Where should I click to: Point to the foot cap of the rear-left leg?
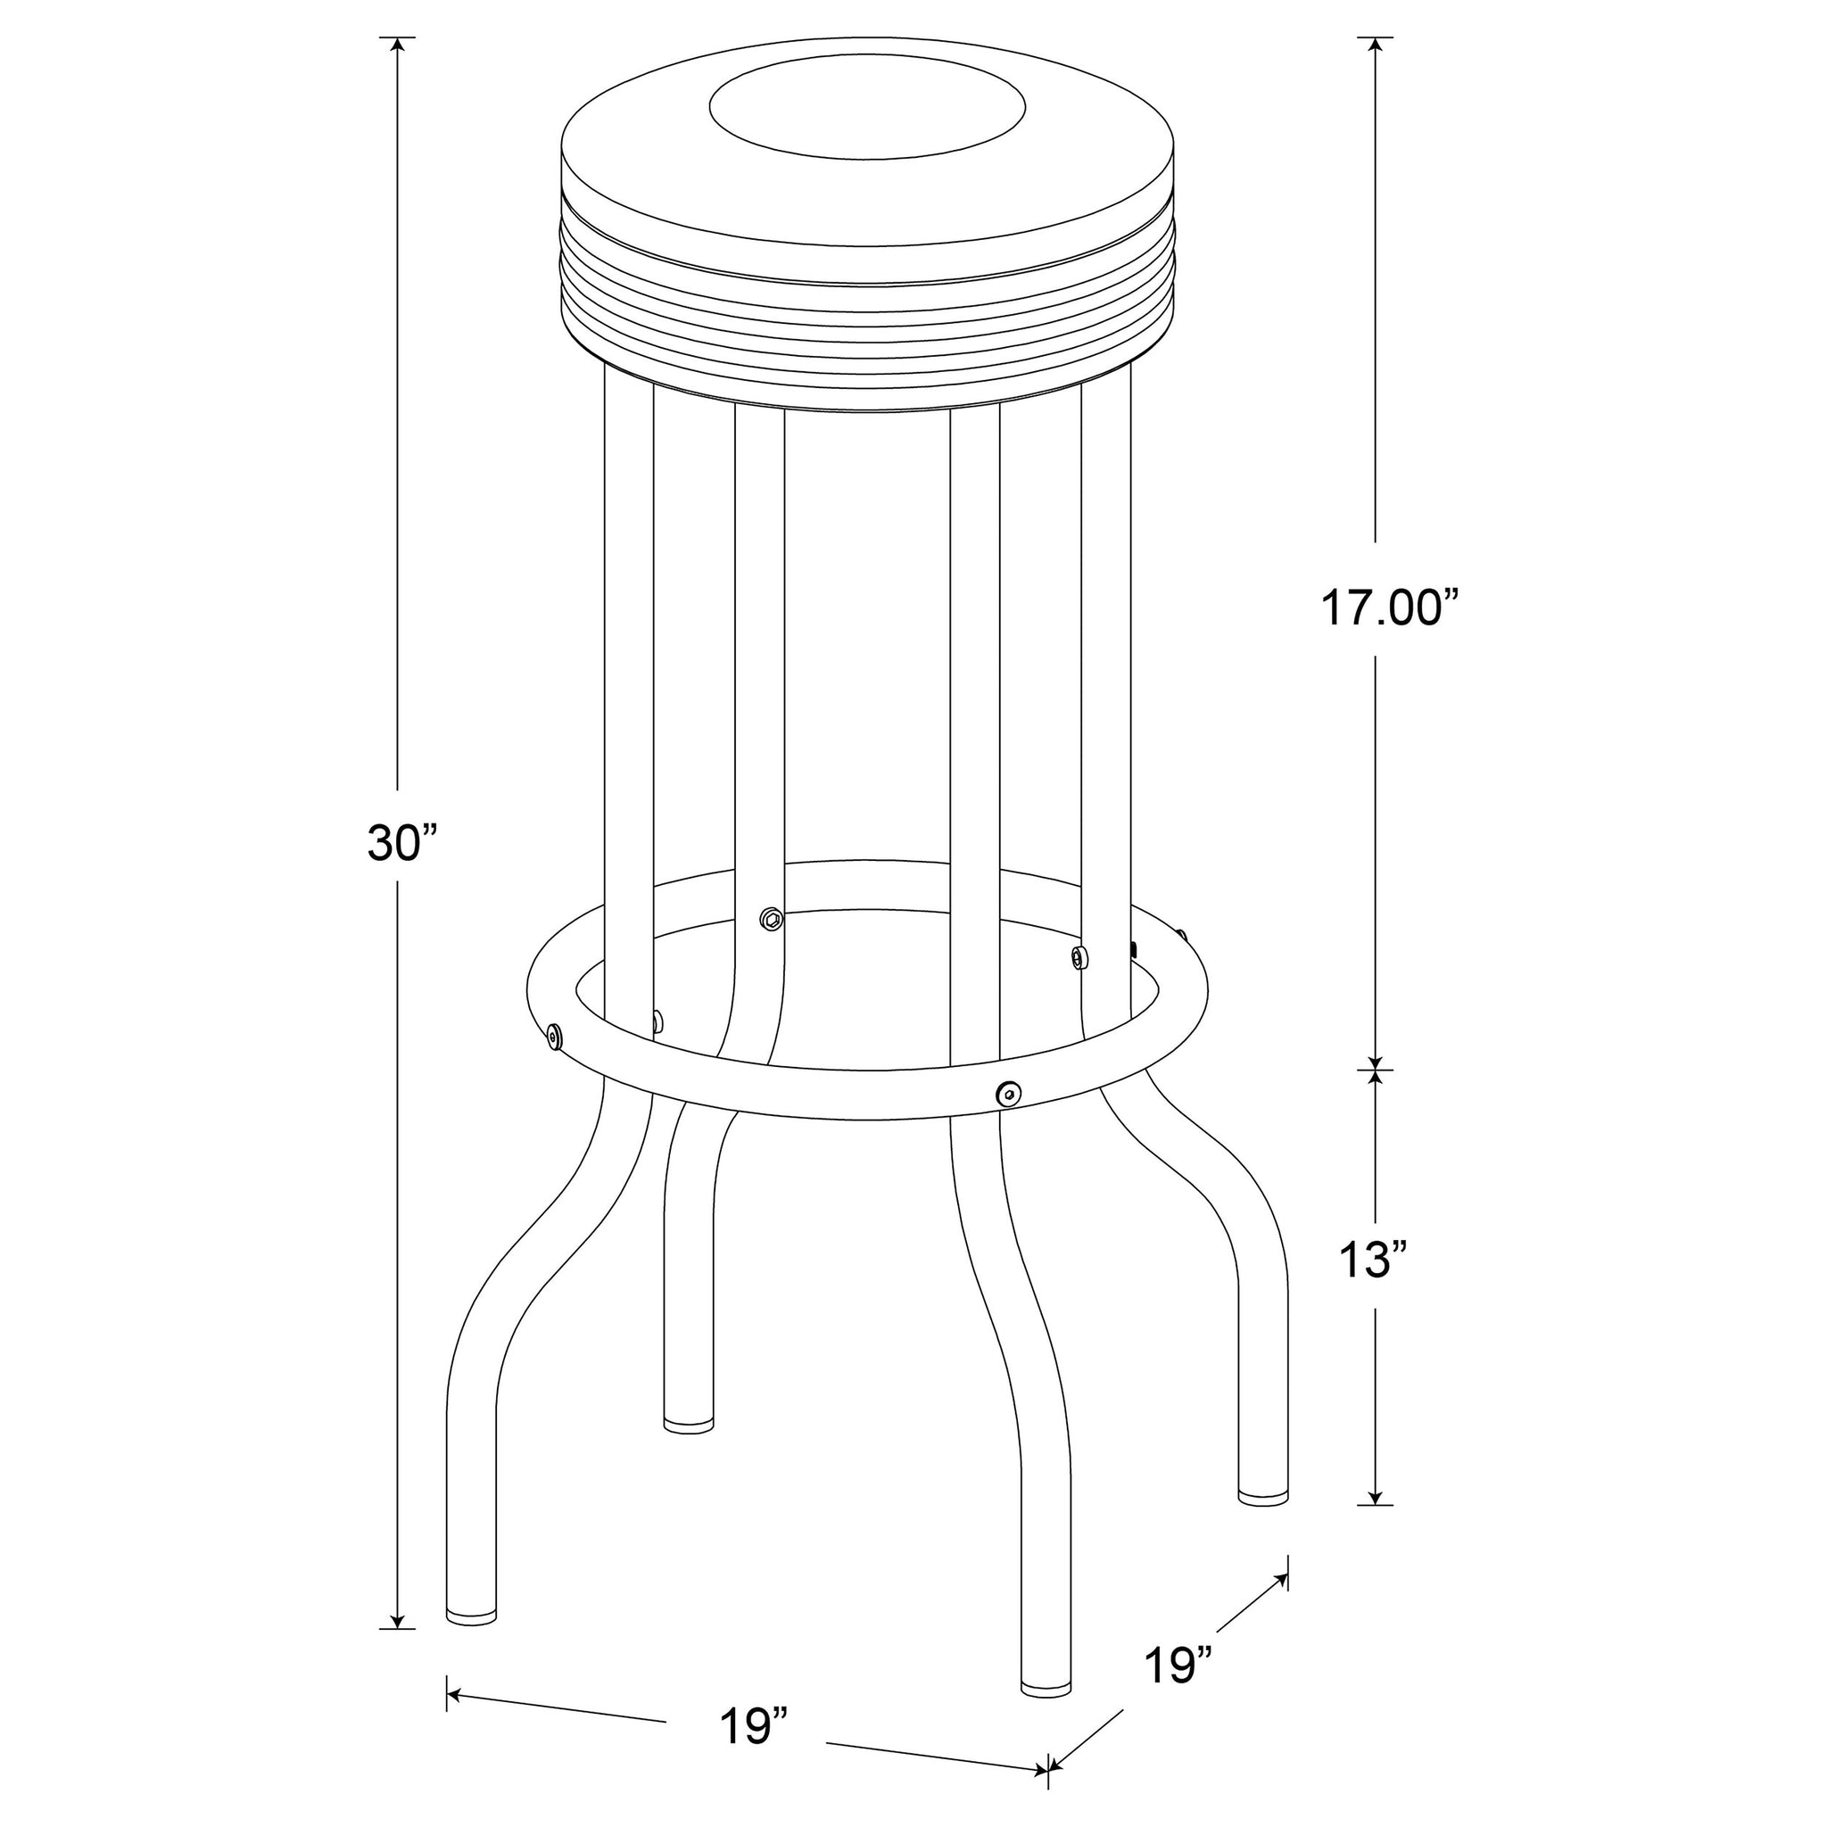coord(689,1449)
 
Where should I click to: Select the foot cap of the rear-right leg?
coord(1263,1521)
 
